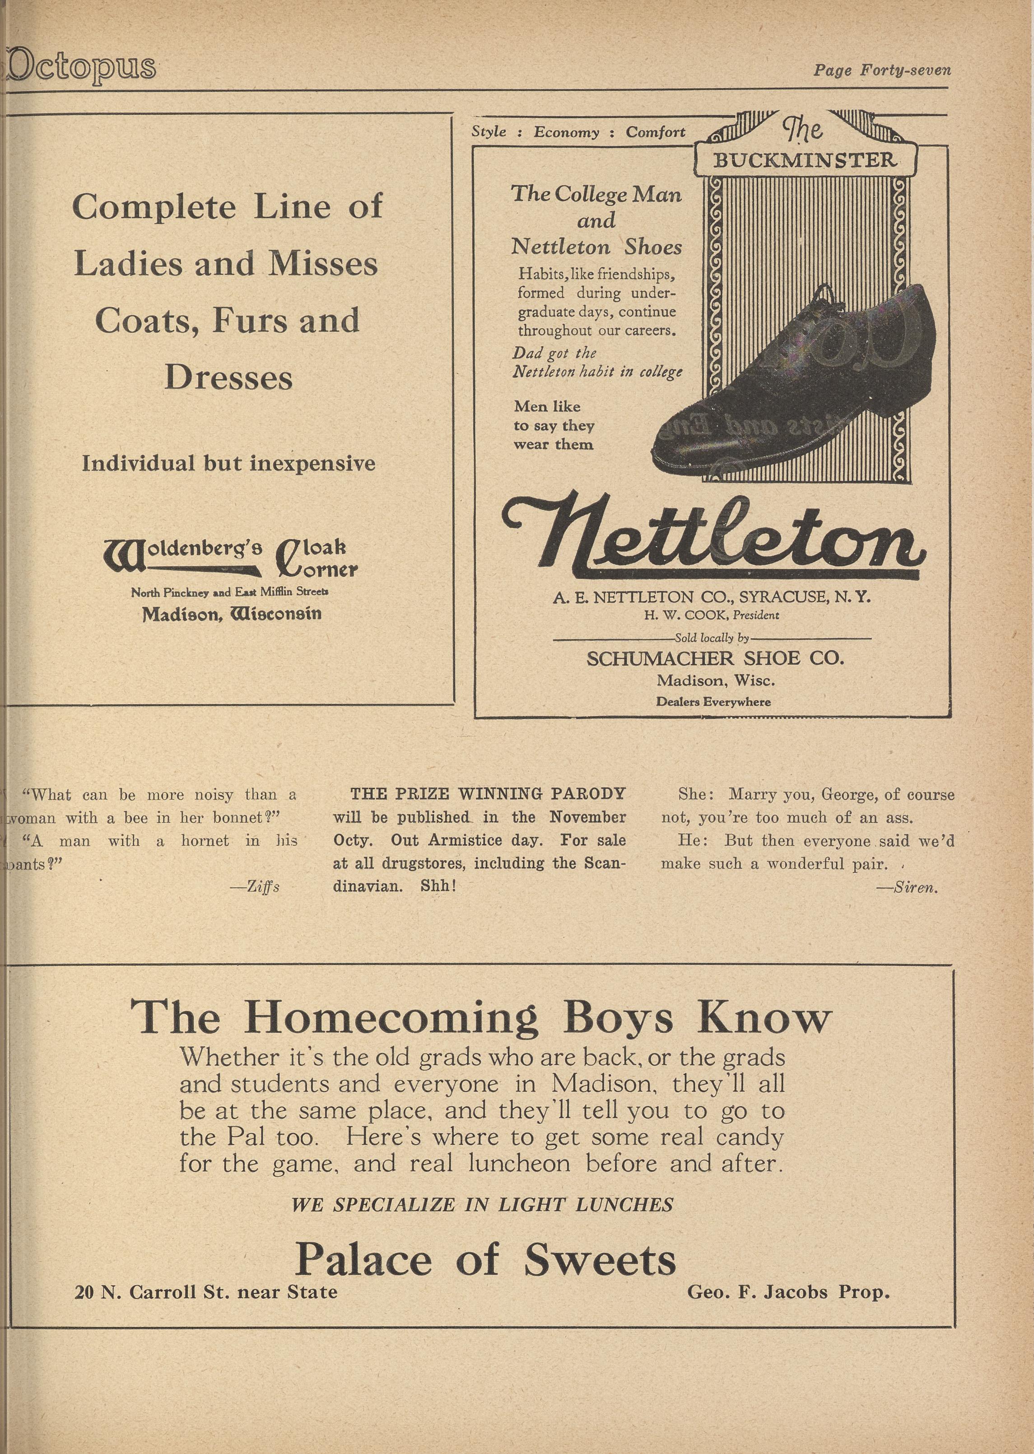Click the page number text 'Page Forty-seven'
tap(882, 70)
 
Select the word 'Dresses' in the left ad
tap(228, 377)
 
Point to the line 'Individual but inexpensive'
tap(228, 463)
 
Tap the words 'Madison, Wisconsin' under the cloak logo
tap(232, 614)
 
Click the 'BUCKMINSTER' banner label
tap(804, 160)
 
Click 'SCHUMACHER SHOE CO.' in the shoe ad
tap(715, 658)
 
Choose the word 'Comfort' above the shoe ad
tap(655, 132)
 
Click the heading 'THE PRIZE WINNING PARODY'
tap(488, 794)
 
